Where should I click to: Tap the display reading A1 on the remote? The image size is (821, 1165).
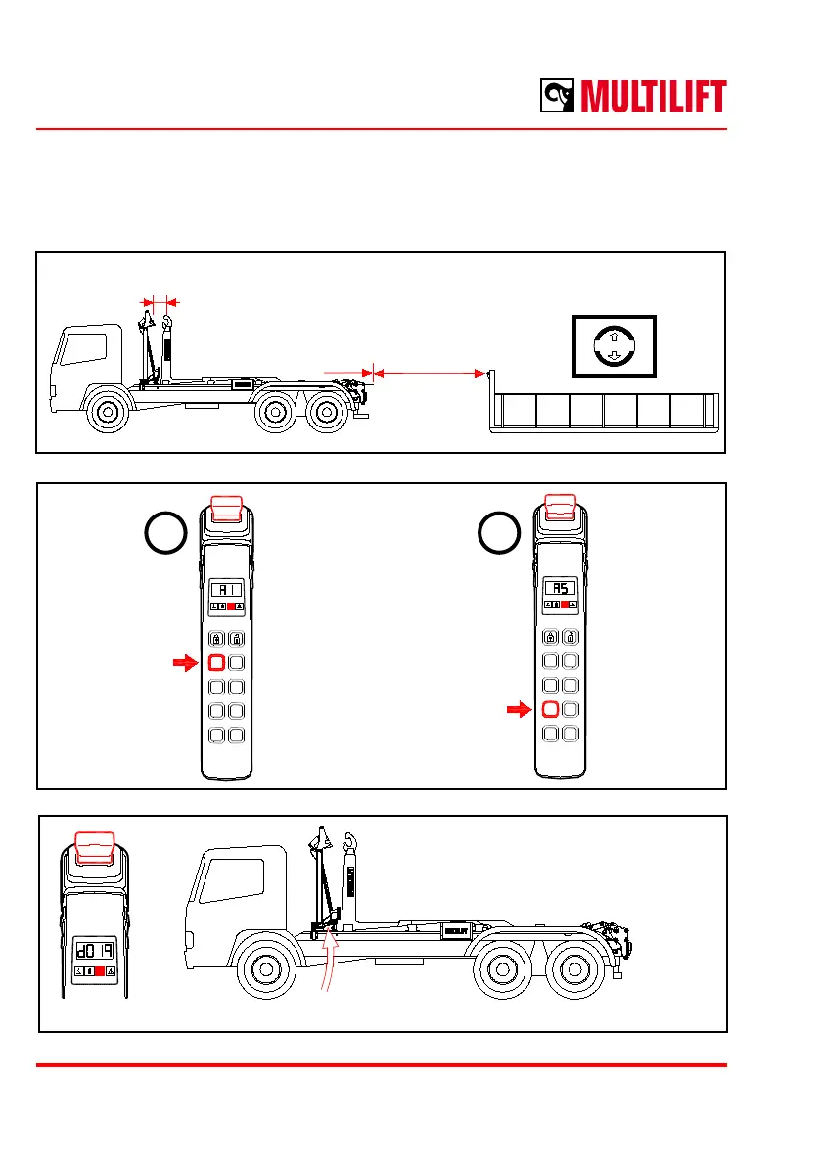[x=225, y=591]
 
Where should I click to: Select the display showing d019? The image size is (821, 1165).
[x=96, y=949]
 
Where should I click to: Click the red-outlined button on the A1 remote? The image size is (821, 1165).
[x=216, y=663]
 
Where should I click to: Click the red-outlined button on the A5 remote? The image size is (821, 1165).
[x=551, y=709]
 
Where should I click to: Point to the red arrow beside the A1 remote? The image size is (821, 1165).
[x=183, y=663]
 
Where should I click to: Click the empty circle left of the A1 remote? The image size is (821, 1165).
[x=163, y=535]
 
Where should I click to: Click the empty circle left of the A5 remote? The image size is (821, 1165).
[x=498, y=535]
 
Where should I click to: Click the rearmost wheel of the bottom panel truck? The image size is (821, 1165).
[x=571, y=969]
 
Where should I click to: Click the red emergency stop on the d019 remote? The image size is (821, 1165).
[x=96, y=843]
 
